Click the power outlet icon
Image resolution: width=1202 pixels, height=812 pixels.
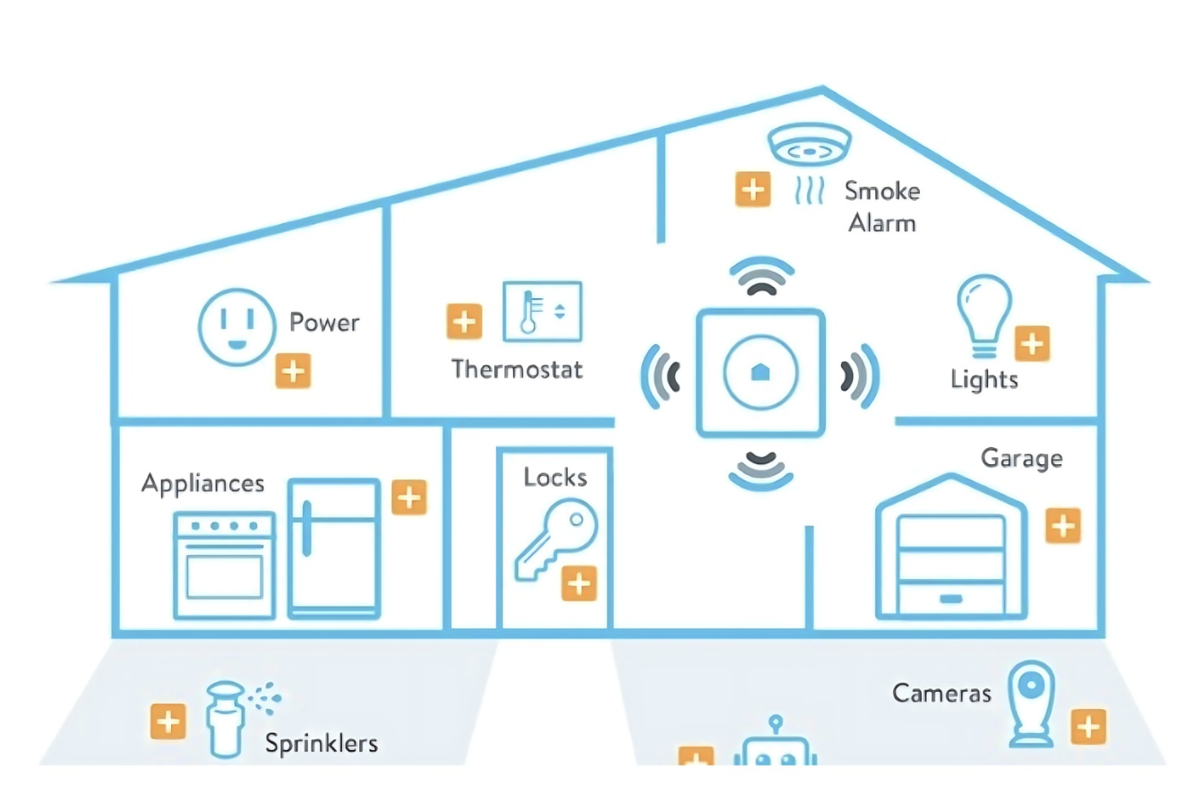[x=236, y=326]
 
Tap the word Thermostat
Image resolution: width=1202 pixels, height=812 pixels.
[x=517, y=369]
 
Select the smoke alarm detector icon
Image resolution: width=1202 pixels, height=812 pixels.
[x=809, y=146]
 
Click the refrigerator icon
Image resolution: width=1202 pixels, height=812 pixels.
[x=334, y=549]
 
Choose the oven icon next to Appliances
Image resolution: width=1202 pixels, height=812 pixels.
[x=225, y=565]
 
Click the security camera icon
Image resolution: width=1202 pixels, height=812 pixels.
[x=1031, y=704]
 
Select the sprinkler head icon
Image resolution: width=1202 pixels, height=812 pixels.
[x=225, y=717]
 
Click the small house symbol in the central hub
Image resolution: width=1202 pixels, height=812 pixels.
[x=760, y=372]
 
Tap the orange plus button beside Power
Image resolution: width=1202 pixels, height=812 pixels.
[x=293, y=371]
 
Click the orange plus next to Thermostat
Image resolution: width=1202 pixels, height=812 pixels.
[x=464, y=322]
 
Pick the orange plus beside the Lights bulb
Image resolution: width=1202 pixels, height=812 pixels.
[x=1032, y=343]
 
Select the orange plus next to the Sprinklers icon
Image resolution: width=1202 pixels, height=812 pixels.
[x=167, y=721]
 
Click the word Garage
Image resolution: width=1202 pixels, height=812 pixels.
[x=1021, y=458]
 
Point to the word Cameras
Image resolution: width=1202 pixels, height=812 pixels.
[x=941, y=693]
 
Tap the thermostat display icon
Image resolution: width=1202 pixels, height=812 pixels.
[x=542, y=312]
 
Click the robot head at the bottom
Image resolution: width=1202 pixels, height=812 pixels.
[x=776, y=748]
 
